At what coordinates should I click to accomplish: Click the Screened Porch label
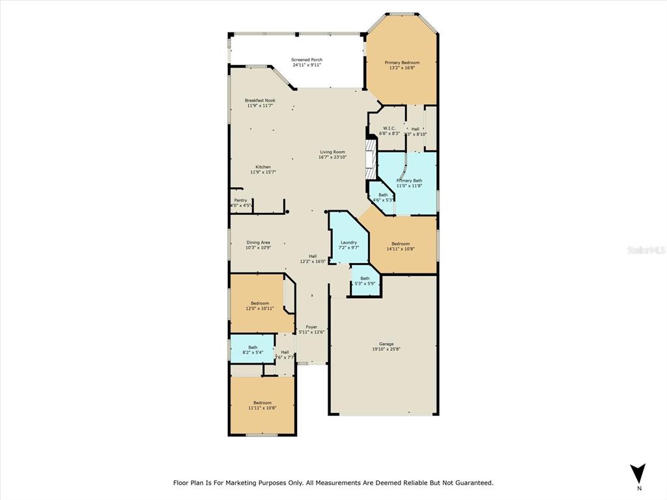pos(306,60)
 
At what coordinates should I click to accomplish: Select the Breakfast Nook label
pos(260,100)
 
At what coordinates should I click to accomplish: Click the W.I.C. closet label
pos(389,128)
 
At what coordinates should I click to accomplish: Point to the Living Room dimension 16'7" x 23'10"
pos(332,157)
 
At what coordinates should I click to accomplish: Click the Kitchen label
pos(263,167)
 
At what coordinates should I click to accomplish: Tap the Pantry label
pos(240,201)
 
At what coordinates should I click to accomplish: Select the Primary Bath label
pos(409,180)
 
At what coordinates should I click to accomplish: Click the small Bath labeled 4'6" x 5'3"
pos(383,195)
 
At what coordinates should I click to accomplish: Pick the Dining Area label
pos(258,242)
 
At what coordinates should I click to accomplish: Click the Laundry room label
pos(349,242)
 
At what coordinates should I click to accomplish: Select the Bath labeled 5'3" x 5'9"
pos(364,279)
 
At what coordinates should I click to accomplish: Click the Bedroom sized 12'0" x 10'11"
pos(260,303)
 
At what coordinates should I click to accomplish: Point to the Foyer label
pos(311,327)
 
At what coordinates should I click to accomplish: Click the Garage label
pos(386,344)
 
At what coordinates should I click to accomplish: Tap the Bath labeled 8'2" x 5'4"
pos(252,347)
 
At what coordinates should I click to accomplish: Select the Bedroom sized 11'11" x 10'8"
pos(262,403)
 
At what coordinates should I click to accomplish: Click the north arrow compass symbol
pos(638,473)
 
